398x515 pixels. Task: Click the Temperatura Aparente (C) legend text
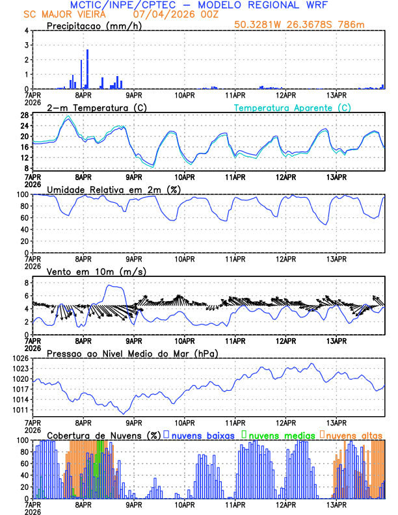(x=292, y=107)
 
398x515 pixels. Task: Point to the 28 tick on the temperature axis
(x=23, y=115)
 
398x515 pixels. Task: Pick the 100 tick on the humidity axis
(x=21, y=194)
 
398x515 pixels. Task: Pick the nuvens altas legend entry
(x=354, y=434)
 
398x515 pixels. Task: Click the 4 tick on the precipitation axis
(x=25, y=31)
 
